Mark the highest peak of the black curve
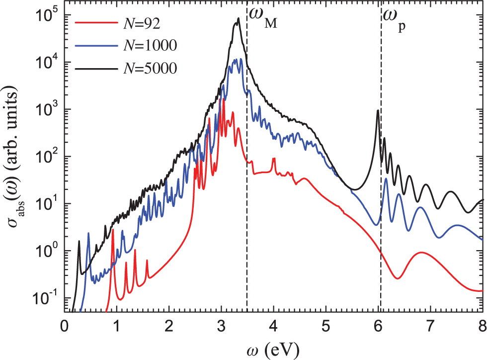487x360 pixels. pos(239,19)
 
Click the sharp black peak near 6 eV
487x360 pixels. pos(378,110)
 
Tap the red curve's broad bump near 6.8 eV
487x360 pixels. pos(421,253)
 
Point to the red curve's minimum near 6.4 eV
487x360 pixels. pos(398,278)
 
